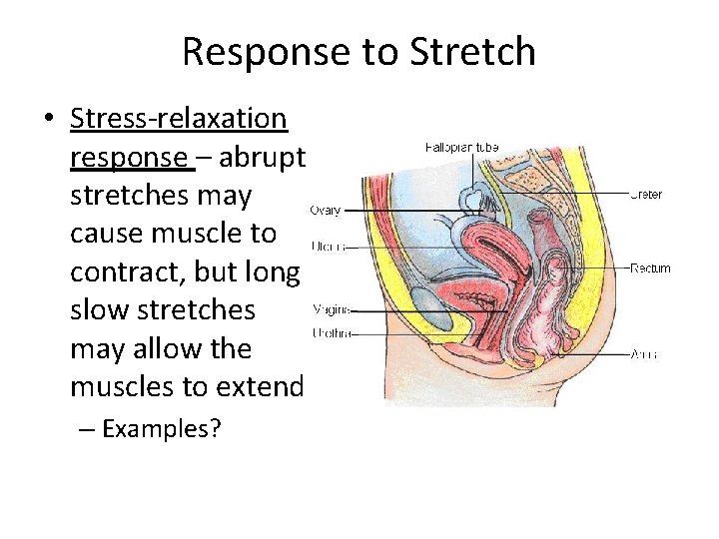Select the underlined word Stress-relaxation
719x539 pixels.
(179, 119)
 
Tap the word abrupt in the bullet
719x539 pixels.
(268, 157)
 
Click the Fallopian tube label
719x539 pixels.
(461, 148)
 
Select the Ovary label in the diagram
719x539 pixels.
(326, 210)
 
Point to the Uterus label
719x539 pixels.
(328, 245)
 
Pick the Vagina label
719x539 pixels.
(331, 309)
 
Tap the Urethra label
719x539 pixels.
(331, 332)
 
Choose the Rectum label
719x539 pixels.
(650, 268)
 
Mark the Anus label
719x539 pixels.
(644, 354)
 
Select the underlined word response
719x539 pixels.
(128, 157)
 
